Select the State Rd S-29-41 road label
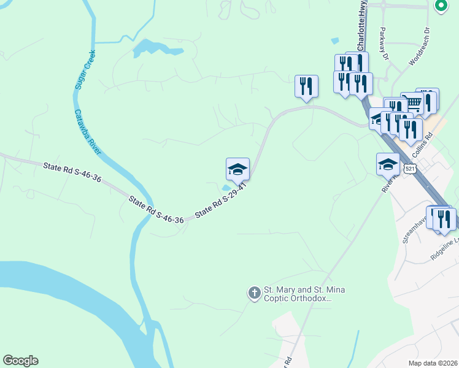pos(220,200)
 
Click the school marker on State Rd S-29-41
pos(237,169)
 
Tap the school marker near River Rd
pos(388,164)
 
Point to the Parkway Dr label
pos(384,43)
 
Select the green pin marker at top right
pos(440,6)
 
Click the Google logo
pos(20,361)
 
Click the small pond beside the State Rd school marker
pos(227,188)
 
